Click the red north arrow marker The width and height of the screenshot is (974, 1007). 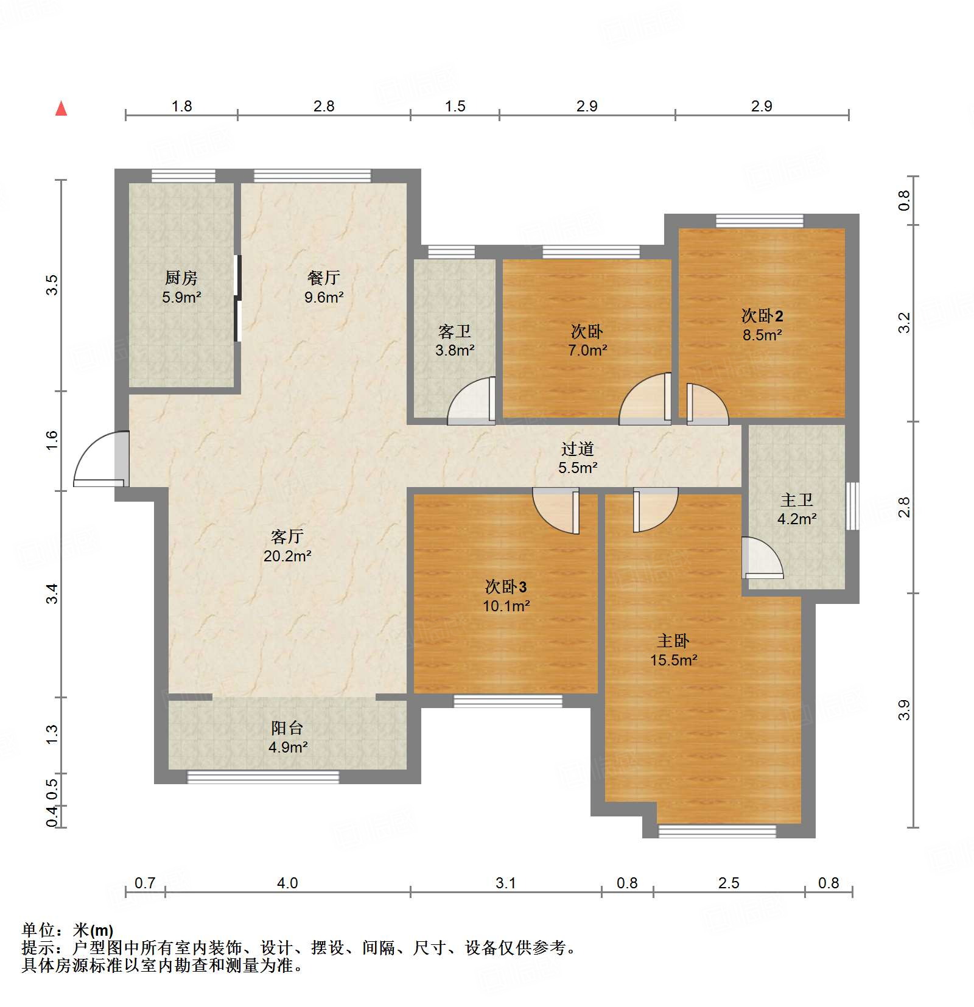61,109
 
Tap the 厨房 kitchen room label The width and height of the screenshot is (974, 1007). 181,278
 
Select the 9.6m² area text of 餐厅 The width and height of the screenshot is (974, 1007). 324,298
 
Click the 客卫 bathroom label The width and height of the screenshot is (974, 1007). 455,332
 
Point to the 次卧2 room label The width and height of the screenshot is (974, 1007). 762,316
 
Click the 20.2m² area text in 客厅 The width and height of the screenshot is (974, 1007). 287,556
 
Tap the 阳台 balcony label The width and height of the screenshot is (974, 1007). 287,728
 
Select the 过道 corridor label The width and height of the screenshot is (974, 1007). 578,449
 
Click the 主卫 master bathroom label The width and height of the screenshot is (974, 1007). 797,500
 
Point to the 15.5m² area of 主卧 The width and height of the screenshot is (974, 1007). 673,661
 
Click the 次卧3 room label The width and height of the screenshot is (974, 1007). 506,587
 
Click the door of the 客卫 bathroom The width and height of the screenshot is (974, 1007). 472,402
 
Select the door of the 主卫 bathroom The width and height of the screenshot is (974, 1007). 761,557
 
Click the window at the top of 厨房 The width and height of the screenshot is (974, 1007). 183,176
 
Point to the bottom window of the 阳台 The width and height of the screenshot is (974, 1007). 263,777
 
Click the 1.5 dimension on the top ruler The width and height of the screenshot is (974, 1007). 455,107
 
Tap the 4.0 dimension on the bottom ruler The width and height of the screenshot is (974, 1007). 287,883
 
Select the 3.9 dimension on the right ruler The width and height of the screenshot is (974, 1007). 904,710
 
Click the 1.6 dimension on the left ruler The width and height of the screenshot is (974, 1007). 52,440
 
